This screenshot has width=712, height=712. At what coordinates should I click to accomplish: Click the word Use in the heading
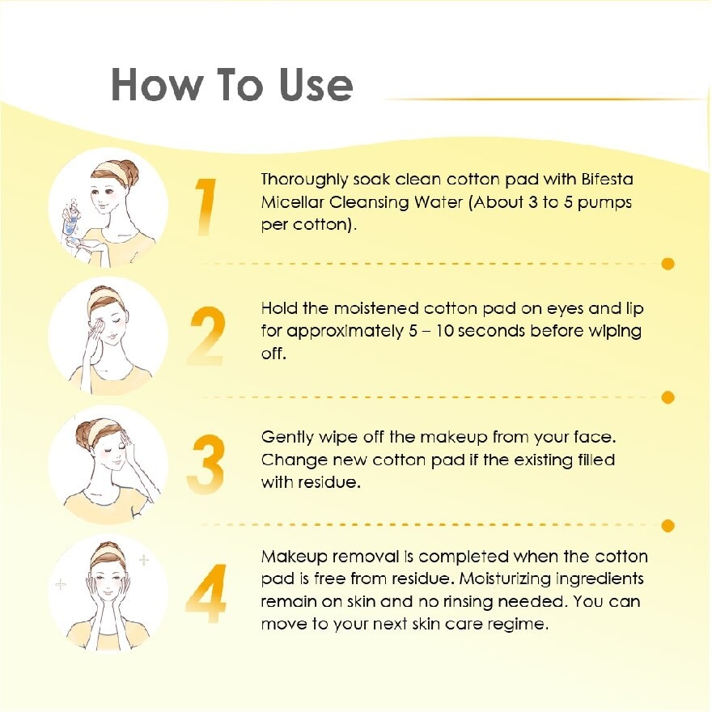(x=316, y=85)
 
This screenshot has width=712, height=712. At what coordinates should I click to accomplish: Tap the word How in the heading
(x=155, y=85)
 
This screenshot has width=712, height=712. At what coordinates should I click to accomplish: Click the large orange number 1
(x=206, y=206)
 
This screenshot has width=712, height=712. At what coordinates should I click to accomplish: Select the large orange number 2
(x=207, y=336)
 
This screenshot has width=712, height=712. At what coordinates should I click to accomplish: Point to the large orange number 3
(x=206, y=464)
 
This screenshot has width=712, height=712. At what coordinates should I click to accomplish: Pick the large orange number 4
(x=206, y=593)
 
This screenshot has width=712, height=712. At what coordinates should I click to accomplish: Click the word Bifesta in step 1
(x=607, y=180)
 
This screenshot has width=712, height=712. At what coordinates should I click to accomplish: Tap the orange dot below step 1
(x=668, y=264)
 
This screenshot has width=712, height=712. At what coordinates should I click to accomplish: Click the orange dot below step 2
(x=668, y=397)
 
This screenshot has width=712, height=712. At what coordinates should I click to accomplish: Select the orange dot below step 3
(x=668, y=526)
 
